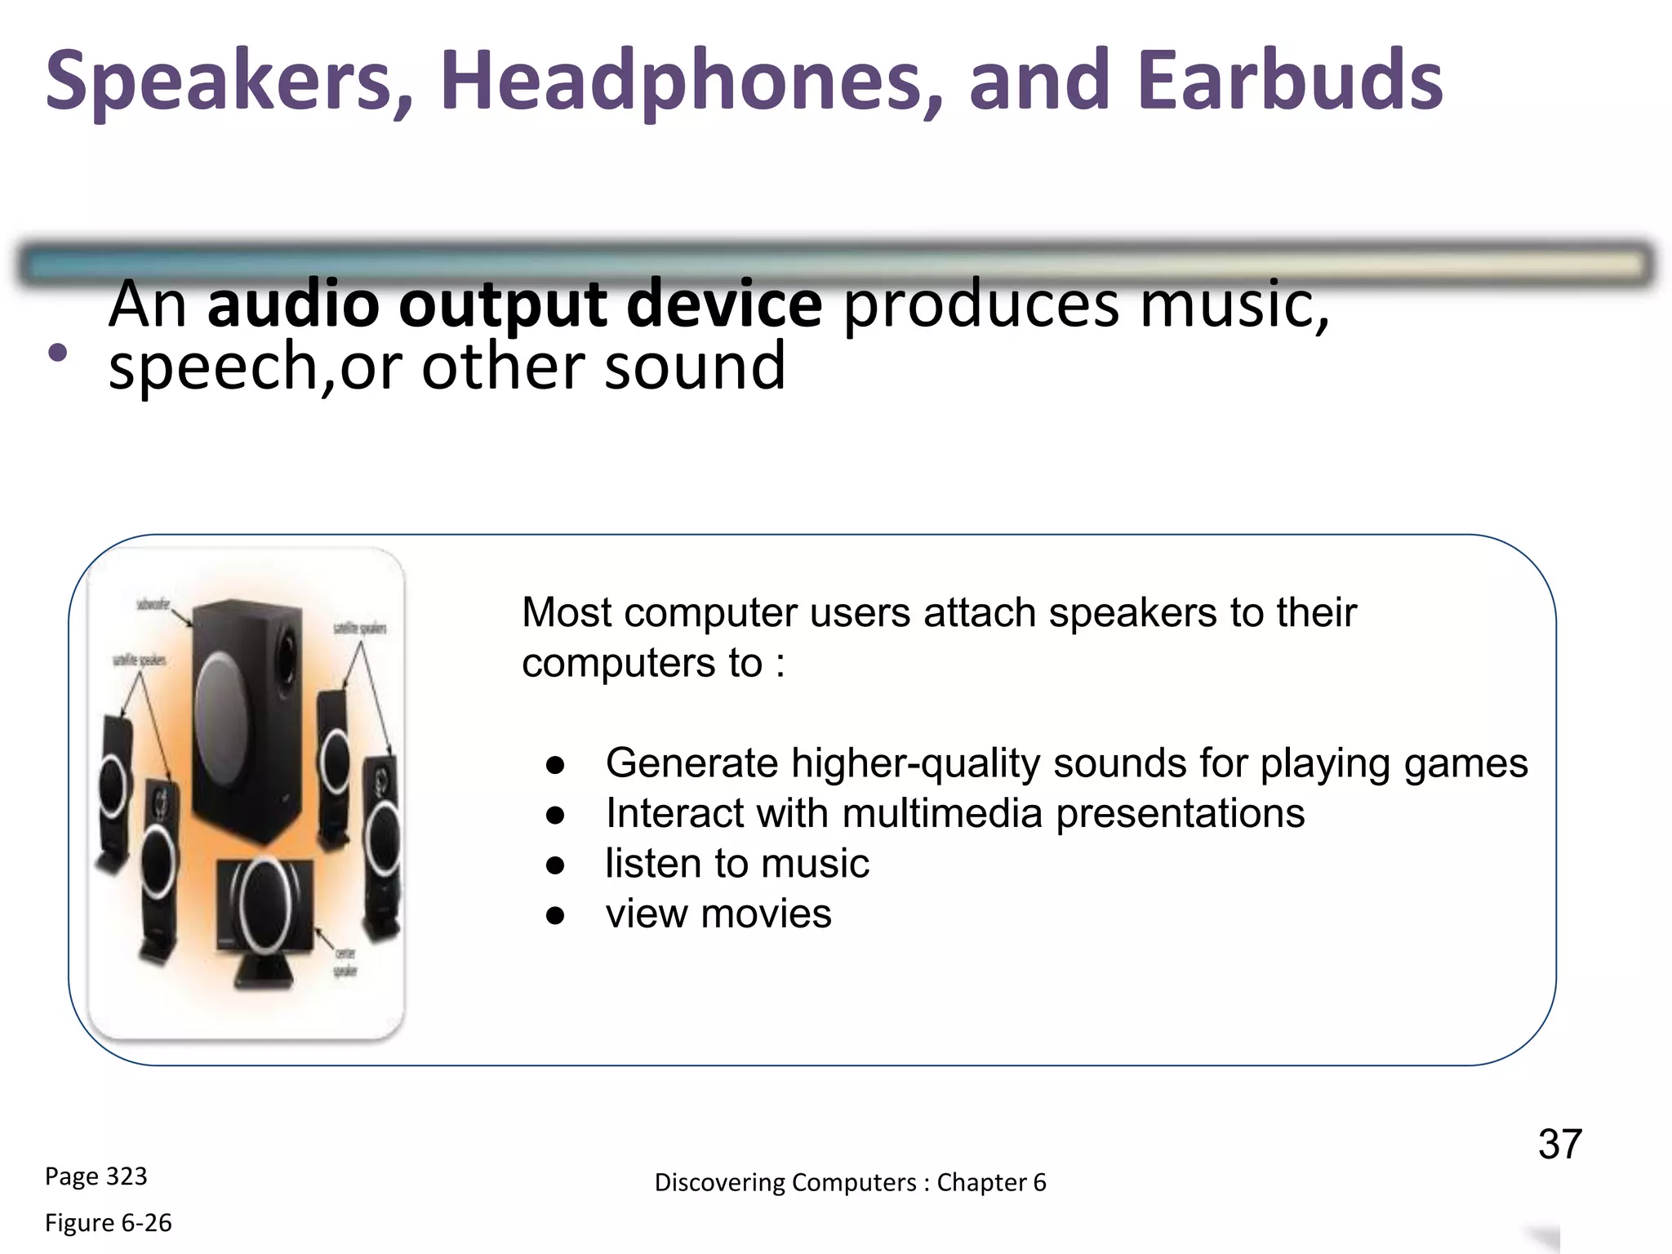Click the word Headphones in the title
pos(690,82)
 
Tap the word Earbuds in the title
pos(1290,82)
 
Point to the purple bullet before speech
pos(57,353)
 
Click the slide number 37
pos(1559,1144)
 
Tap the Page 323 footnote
pos(96,1176)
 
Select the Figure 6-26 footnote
pos(108,1223)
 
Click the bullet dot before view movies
pos(555,915)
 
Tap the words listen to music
pos(736,864)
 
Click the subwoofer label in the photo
pos(153,604)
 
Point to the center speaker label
pos(345,962)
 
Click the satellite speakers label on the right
pos(360,629)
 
